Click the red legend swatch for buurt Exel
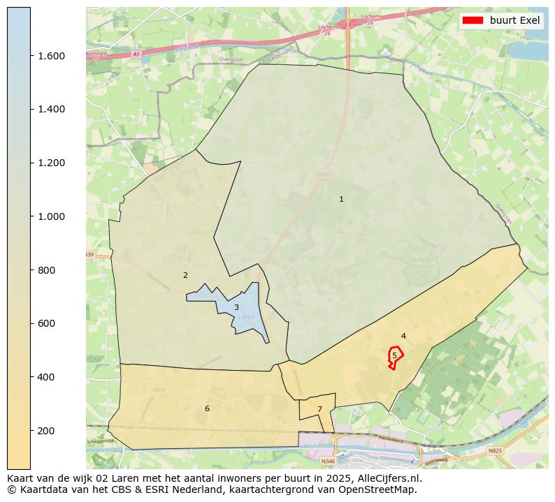pos(473,20)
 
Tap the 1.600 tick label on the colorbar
pos(51,56)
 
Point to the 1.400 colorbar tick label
pos(51,109)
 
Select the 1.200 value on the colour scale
pos(51,163)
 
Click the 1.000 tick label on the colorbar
pos(51,216)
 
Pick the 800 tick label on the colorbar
pos(46,270)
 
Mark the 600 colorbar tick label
pos(46,323)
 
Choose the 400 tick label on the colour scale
pos(46,377)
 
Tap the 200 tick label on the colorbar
pos(46,430)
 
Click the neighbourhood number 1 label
pos(341,200)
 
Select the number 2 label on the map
pos(185,275)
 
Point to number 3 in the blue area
pos(236,307)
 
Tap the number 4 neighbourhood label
pos(403,336)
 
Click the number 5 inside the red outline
pos(394,355)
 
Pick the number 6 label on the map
pos(207,408)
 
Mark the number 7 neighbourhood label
pos(319,409)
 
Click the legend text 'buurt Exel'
pos(514,20)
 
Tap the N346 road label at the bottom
pos(328,462)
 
